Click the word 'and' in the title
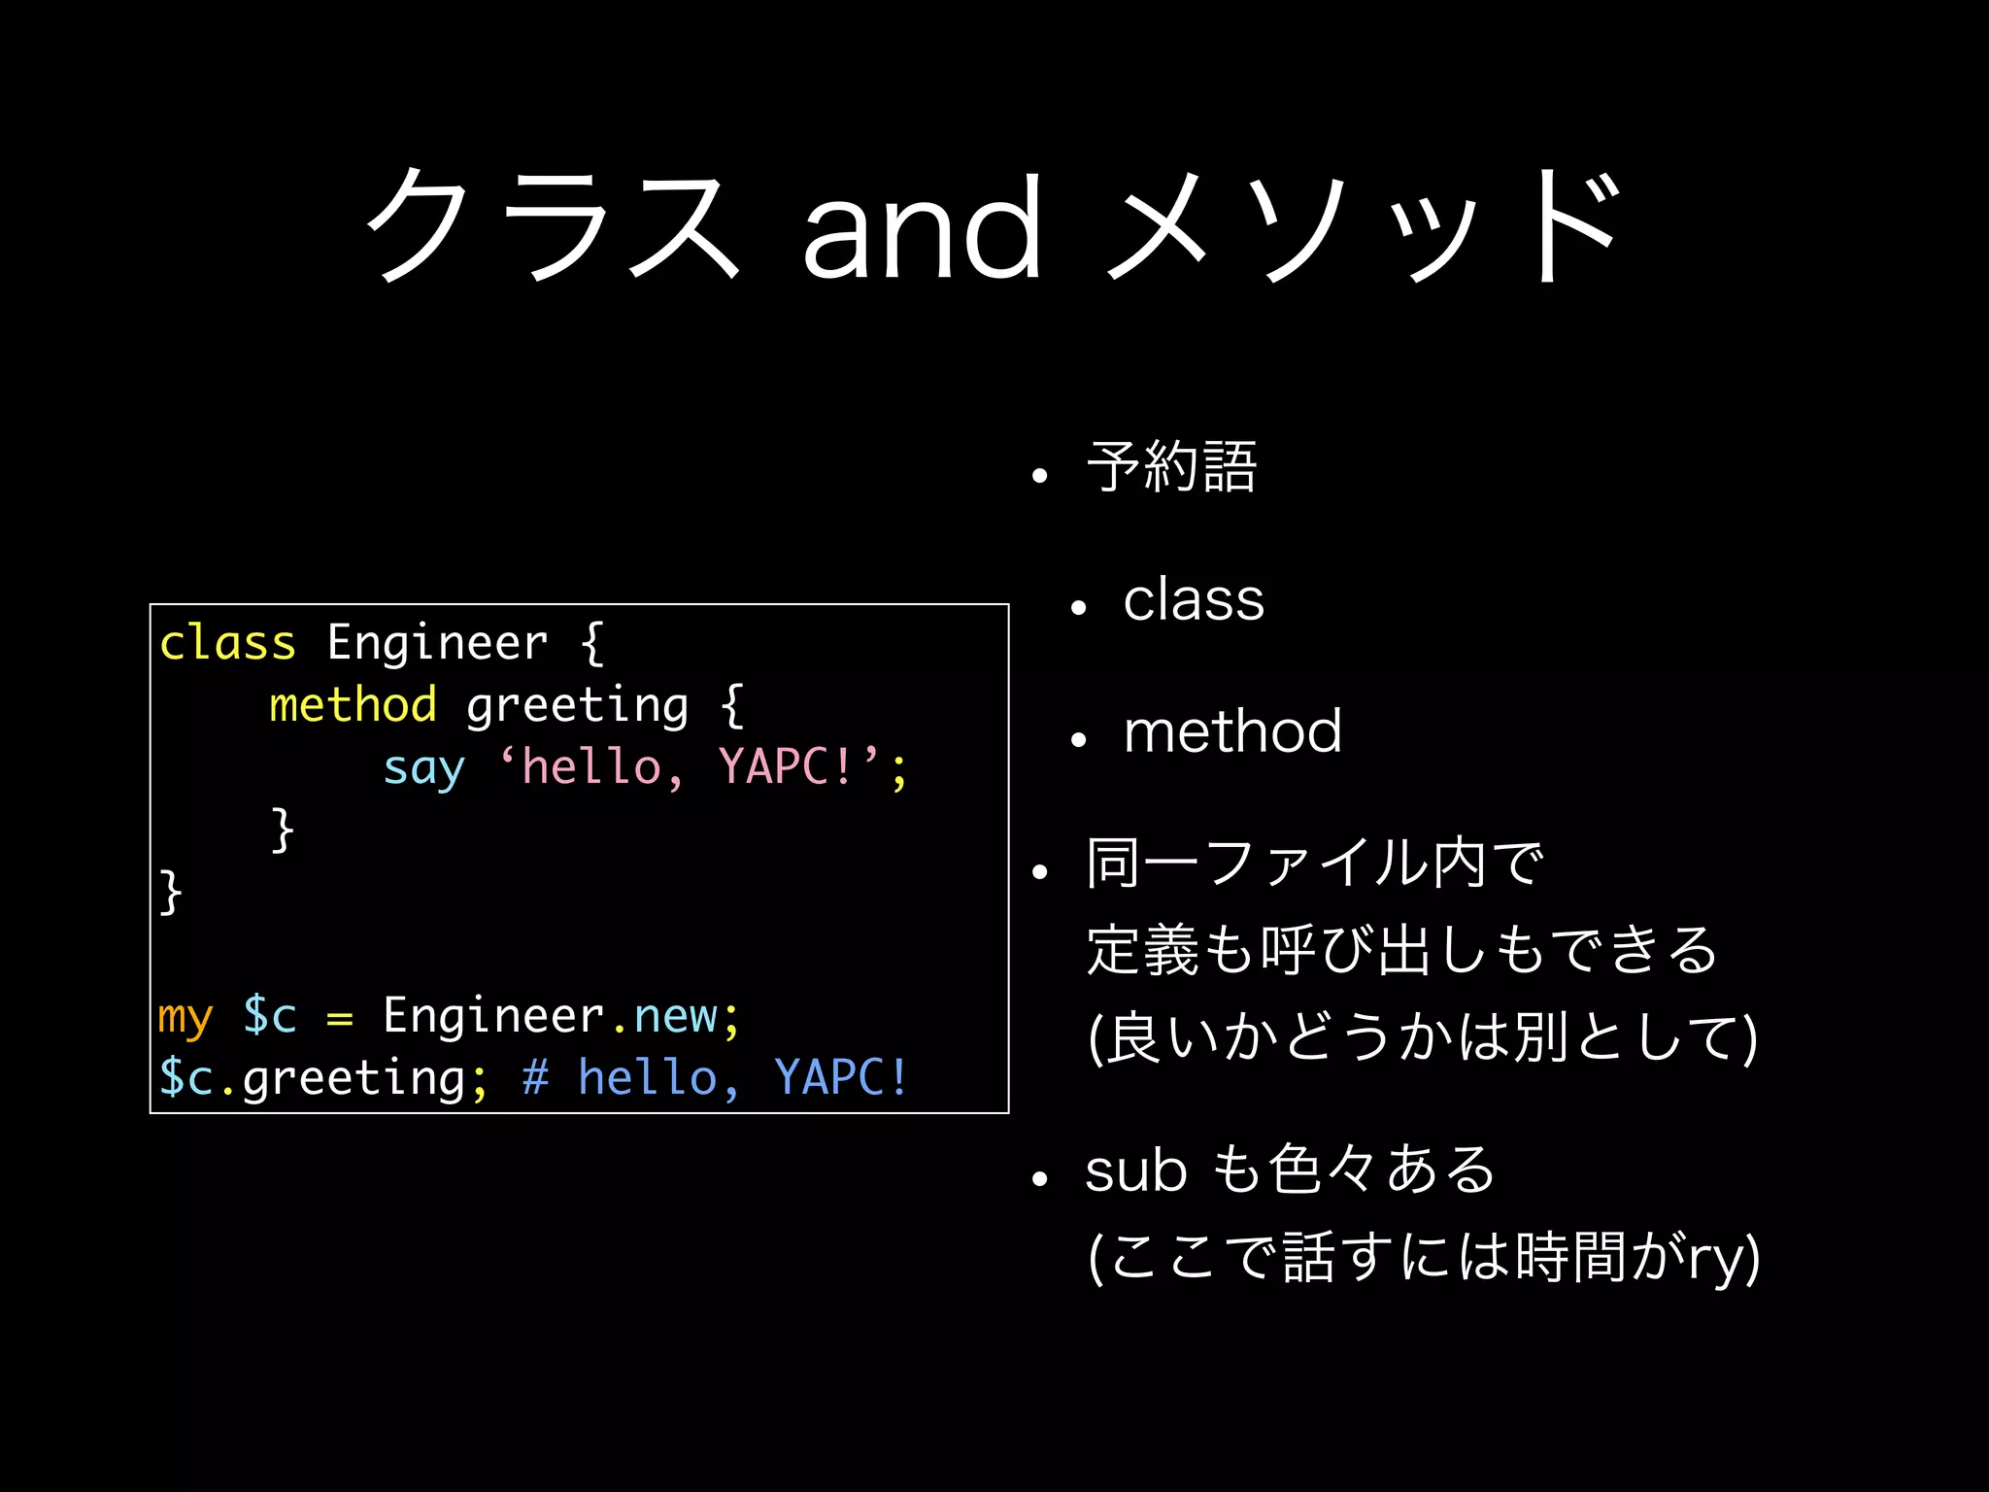tap(923, 228)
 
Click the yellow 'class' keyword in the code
tap(227, 643)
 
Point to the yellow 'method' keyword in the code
tap(353, 704)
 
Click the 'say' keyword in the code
tap(423, 768)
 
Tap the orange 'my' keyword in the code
tap(185, 1017)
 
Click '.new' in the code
tap(664, 1016)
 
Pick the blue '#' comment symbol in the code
tap(535, 1077)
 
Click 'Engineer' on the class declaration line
tap(437, 643)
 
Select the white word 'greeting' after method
tap(577, 706)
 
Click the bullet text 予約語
tap(1172, 467)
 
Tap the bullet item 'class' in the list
tap(1194, 599)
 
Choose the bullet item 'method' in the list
tap(1232, 731)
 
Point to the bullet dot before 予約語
tap(1040, 476)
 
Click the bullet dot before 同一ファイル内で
tap(1040, 872)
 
